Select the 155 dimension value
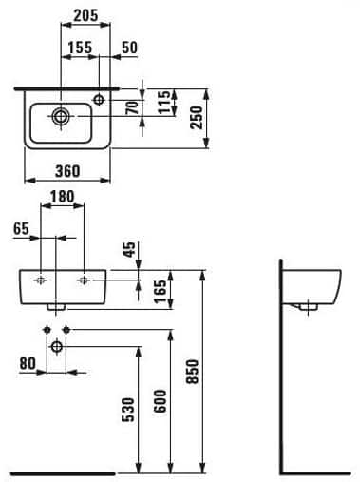click(80, 47)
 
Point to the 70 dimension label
click(144, 106)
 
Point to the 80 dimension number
click(28, 361)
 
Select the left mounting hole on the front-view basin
click(41, 279)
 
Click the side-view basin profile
click(314, 284)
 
